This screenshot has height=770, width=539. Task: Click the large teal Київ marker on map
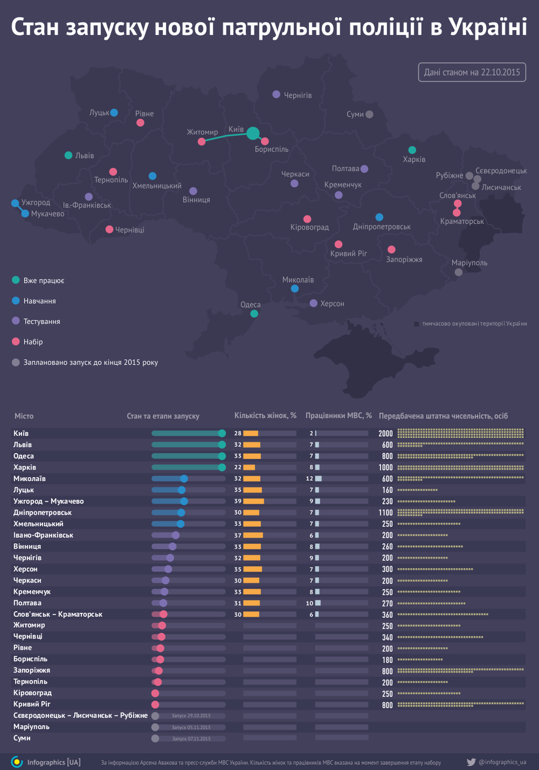click(252, 133)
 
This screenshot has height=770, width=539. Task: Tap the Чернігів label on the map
click(298, 96)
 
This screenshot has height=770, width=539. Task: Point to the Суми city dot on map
click(370, 114)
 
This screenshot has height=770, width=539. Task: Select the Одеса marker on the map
click(254, 314)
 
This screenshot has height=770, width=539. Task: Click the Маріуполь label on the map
click(469, 263)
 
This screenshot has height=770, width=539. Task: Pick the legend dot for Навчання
click(16, 301)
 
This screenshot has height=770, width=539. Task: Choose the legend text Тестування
click(42, 321)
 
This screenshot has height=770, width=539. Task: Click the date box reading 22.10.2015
click(472, 72)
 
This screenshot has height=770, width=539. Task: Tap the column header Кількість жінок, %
click(266, 416)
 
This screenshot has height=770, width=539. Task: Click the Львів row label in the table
click(23, 445)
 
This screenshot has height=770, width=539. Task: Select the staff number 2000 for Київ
click(386, 434)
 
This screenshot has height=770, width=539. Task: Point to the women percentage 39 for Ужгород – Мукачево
click(238, 501)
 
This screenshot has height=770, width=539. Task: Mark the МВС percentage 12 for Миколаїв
click(310, 479)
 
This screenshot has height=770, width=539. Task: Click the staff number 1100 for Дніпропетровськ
click(386, 513)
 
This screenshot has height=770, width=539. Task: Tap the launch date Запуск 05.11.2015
click(191, 727)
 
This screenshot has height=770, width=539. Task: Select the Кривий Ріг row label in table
click(32, 704)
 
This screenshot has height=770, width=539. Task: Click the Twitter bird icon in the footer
click(471, 762)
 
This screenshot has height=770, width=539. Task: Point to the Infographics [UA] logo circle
click(17, 762)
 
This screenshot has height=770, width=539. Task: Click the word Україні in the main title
click(488, 27)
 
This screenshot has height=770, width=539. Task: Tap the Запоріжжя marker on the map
click(392, 250)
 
